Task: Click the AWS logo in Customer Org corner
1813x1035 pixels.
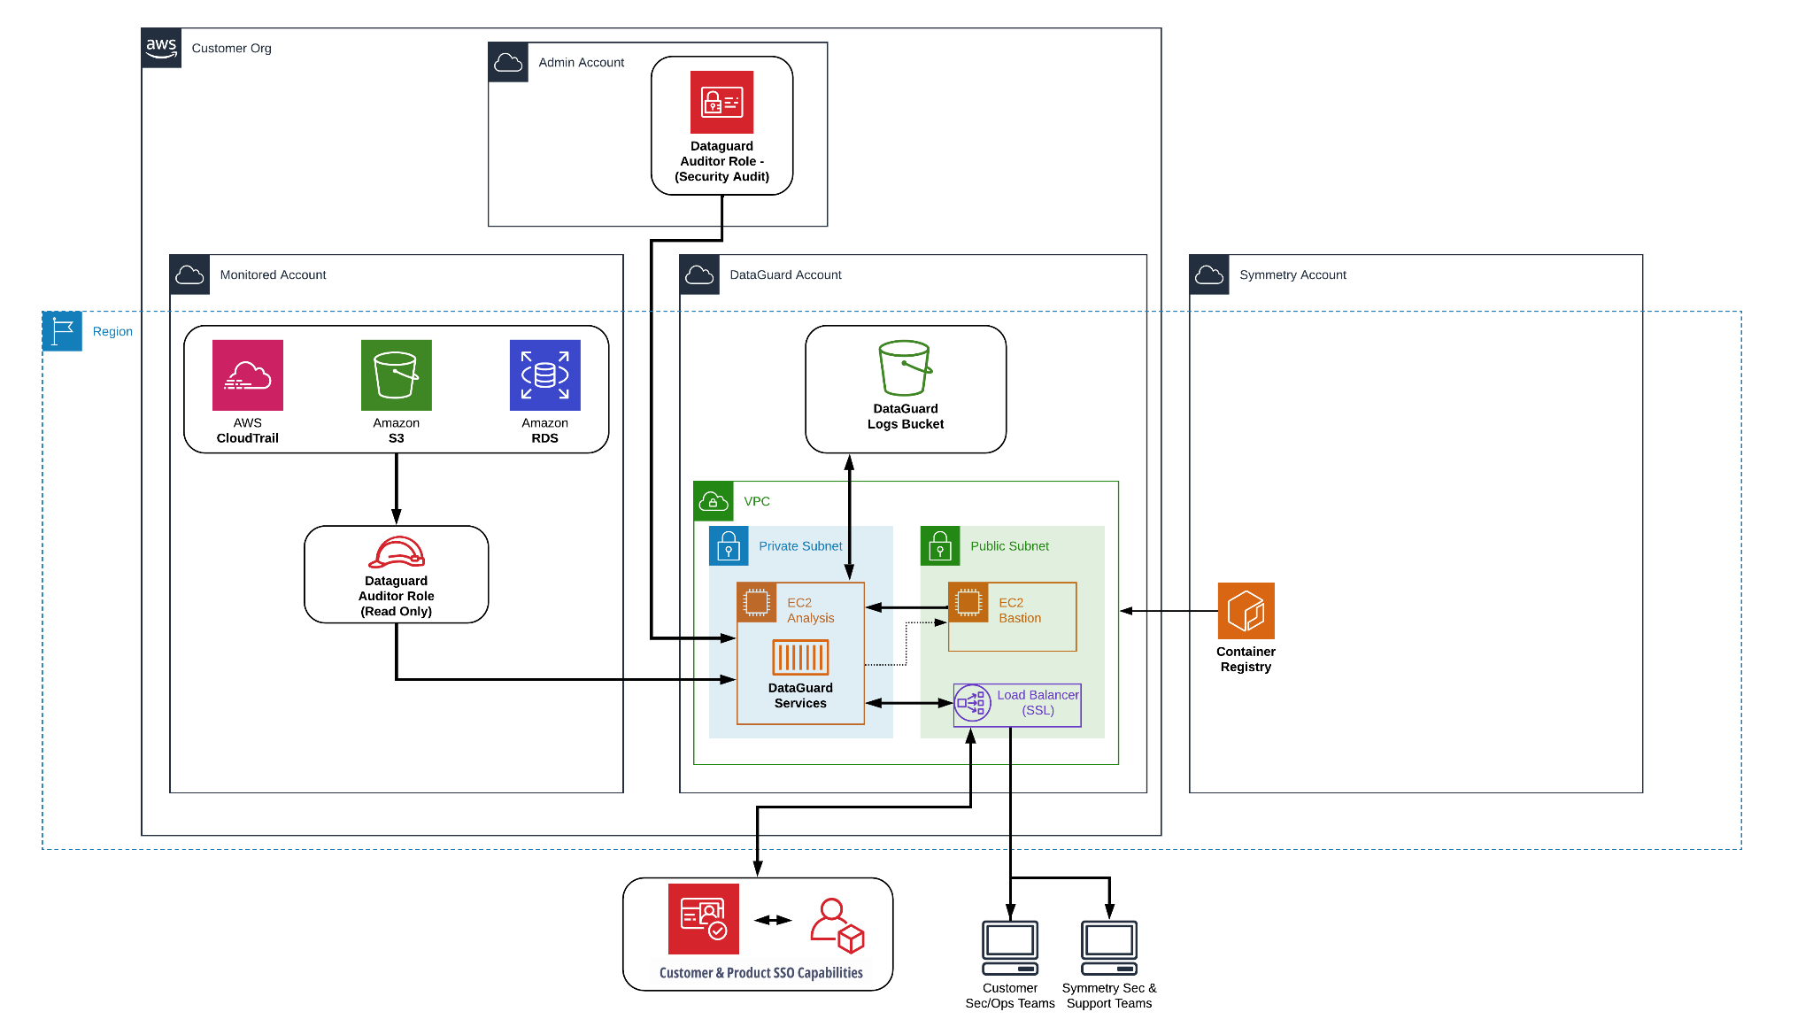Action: click(161, 48)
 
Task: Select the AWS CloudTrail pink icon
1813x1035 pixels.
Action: click(248, 375)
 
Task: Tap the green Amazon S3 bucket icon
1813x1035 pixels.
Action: click(396, 375)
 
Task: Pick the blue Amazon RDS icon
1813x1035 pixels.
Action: click(544, 375)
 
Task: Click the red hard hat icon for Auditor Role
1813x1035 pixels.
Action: click(396, 552)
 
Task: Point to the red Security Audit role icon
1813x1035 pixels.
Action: click(721, 103)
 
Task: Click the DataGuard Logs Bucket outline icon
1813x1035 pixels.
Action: click(905, 367)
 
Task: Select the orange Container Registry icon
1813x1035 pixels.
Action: click(1246, 611)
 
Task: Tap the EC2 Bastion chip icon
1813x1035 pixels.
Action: click(968, 602)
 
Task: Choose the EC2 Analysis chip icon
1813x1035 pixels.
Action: click(757, 602)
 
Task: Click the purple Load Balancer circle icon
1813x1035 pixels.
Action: click(972, 703)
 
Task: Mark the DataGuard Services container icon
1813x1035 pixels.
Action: click(800, 658)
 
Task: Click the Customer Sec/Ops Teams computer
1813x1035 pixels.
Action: click(1010, 947)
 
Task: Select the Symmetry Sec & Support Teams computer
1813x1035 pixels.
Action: click(1108, 947)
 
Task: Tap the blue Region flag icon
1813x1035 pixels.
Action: click(62, 331)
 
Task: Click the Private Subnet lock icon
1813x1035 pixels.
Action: click(729, 546)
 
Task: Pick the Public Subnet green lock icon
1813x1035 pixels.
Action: click(940, 546)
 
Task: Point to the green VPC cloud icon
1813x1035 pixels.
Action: click(714, 501)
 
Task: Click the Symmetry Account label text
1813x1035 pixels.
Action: click(1292, 275)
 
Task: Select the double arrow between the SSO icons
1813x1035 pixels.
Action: click(773, 920)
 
